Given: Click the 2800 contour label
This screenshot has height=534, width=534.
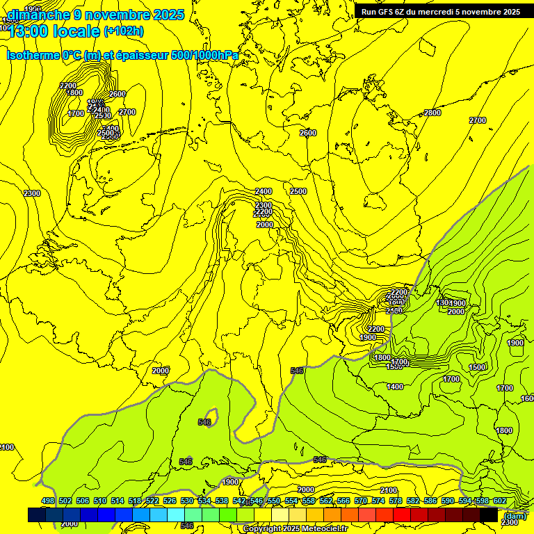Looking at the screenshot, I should pyautogui.click(x=432, y=113).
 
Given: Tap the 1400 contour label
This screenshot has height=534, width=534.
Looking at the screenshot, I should pyautogui.click(x=394, y=387).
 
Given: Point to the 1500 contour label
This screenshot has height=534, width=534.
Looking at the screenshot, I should pyautogui.click(x=477, y=367).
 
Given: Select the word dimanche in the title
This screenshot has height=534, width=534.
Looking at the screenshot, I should pyautogui.click(x=38, y=14).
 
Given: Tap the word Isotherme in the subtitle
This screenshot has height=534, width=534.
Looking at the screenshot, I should pyautogui.click(x=33, y=55).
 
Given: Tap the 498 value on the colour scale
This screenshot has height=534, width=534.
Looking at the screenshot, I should pyautogui.click(x=48, y=501).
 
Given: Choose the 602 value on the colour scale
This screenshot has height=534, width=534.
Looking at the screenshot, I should pyautogui.click(x=499, y=501).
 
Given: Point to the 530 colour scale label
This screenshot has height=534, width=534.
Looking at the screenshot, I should pyautogui.click(x=187, y=501).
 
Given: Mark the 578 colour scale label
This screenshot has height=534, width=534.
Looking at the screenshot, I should pyautogui.click(x=396, y=501).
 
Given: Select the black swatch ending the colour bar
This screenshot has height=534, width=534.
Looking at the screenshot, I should pyautogui.click(x=489, y=515).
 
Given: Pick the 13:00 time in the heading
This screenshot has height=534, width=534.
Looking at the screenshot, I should pyautogui.click(x=29, y=31).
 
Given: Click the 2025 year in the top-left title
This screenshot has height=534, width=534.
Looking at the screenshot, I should pyautogui.click(x=168, y=14).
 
